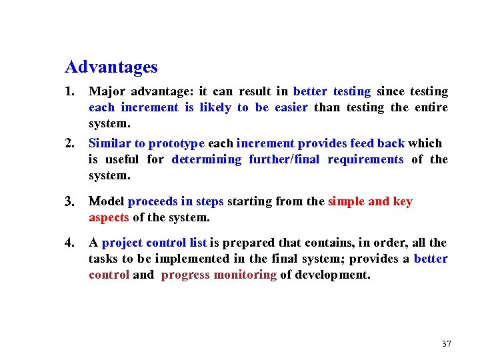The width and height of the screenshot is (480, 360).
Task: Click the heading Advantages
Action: tap(111, 67)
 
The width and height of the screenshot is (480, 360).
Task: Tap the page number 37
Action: tap(446, 344)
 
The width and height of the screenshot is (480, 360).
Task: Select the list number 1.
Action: tap(69, 91)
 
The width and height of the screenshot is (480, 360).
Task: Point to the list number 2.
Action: tap(69, 143)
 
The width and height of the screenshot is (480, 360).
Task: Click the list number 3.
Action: tap(69, 202)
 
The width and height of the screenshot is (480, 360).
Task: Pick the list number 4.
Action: tap(69, 243)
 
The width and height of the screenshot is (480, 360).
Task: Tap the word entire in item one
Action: tap(431, 107)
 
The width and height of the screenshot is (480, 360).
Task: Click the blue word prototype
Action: tap(177, 143)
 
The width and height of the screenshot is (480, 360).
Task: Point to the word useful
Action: tap(120, 159)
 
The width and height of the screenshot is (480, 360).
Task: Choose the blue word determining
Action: tap(207, 159)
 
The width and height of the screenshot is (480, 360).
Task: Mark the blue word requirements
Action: tap(365, 159)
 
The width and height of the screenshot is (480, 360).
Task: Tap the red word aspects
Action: tap(109, 217)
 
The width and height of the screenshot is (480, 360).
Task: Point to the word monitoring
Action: tap(245, 275)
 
